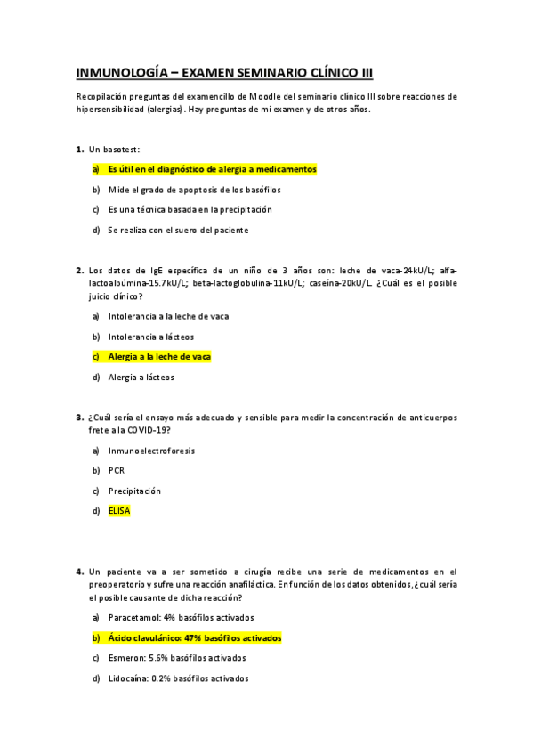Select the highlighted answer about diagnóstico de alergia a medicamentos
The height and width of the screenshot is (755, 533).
(x=212, y=169)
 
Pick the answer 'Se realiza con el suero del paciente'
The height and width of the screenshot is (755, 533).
(x=178, y=230)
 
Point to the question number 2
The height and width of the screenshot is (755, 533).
(x=80, y=270)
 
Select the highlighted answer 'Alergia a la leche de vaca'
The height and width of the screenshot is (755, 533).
(x=159, y=356)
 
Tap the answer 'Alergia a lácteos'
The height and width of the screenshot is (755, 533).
(x=141, y=377)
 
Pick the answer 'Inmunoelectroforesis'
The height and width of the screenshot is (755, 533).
(x=151, y=451)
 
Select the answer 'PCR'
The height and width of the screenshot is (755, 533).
(x=116, y=470)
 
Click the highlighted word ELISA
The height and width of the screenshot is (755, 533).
(x=119, y=511)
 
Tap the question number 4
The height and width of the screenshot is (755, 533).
(x=80, y=571)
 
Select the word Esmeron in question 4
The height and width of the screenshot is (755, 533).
(x=126, y=658)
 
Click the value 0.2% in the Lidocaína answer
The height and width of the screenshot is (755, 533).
(x=160, y=678)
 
